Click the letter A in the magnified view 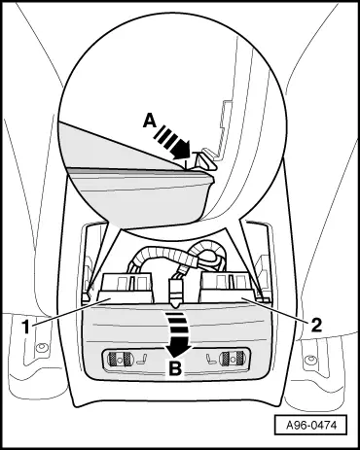[x=148, y=121]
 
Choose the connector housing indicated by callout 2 [x=227, y=286]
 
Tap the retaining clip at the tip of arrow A [x=205, y=157]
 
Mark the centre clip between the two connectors [x=176, y=289]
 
